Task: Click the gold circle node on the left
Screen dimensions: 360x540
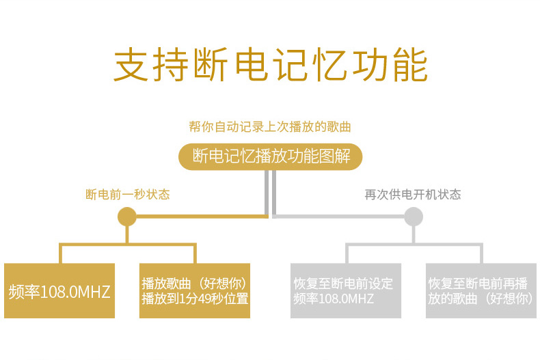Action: (127, 217)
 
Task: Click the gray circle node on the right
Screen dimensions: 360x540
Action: (413, 217)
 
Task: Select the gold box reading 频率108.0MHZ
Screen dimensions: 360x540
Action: (59, 291)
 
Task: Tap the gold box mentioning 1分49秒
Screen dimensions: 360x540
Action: (195, 291)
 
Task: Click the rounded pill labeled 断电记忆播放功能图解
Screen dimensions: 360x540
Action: (270, 156)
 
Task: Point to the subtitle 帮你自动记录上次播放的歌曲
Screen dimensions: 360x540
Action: (270, 126)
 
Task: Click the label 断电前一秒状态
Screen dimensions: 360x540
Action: (127, 195)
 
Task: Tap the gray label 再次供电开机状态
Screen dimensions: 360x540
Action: (413, 195)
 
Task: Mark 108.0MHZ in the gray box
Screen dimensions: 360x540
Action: (347, 299)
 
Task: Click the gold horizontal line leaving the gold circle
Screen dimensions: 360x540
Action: (198, 217)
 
